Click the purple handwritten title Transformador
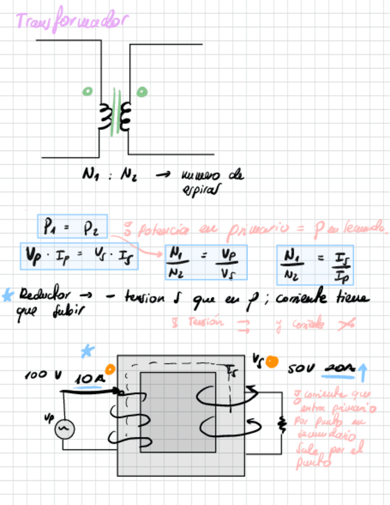(71, 22)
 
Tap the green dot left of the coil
(87, 92)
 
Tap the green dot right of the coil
(141, 92)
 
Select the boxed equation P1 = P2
(72, 226)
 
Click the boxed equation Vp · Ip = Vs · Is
(79, 256)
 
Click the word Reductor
(45, 295)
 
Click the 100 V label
(43, 376)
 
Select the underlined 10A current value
(89, 379)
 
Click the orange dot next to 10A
(109, 369)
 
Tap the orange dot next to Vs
(272, 361)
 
